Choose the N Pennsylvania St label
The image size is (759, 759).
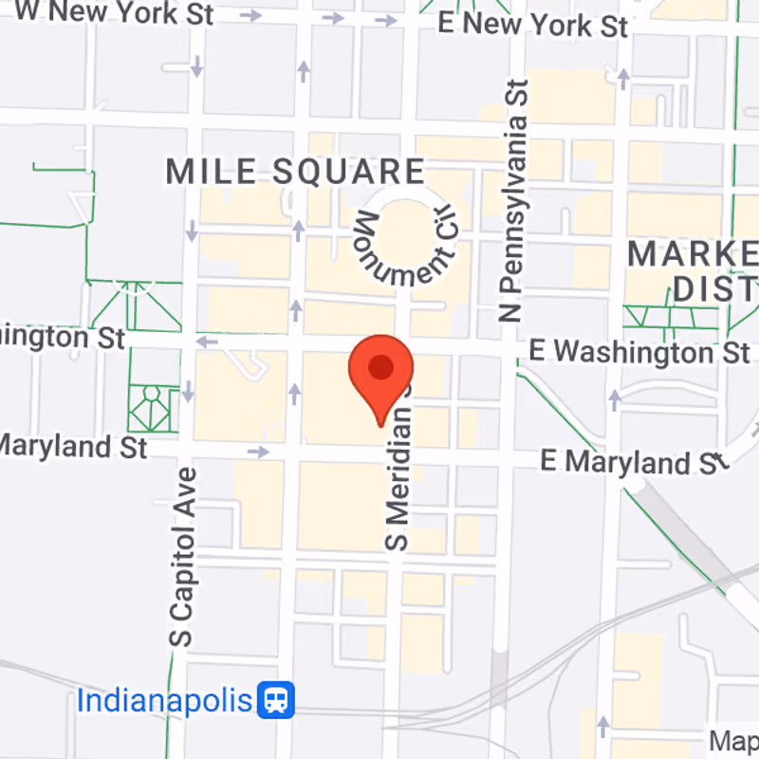pos(514,201)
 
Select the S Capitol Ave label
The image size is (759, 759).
pos(184,557)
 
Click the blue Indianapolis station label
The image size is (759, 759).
pos(165,701)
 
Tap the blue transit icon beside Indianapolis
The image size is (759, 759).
pos(278,701)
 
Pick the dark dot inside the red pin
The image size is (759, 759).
pos(381,367)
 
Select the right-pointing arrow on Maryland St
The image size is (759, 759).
pos(258,452)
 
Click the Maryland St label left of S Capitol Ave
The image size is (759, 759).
pos(73,445)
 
